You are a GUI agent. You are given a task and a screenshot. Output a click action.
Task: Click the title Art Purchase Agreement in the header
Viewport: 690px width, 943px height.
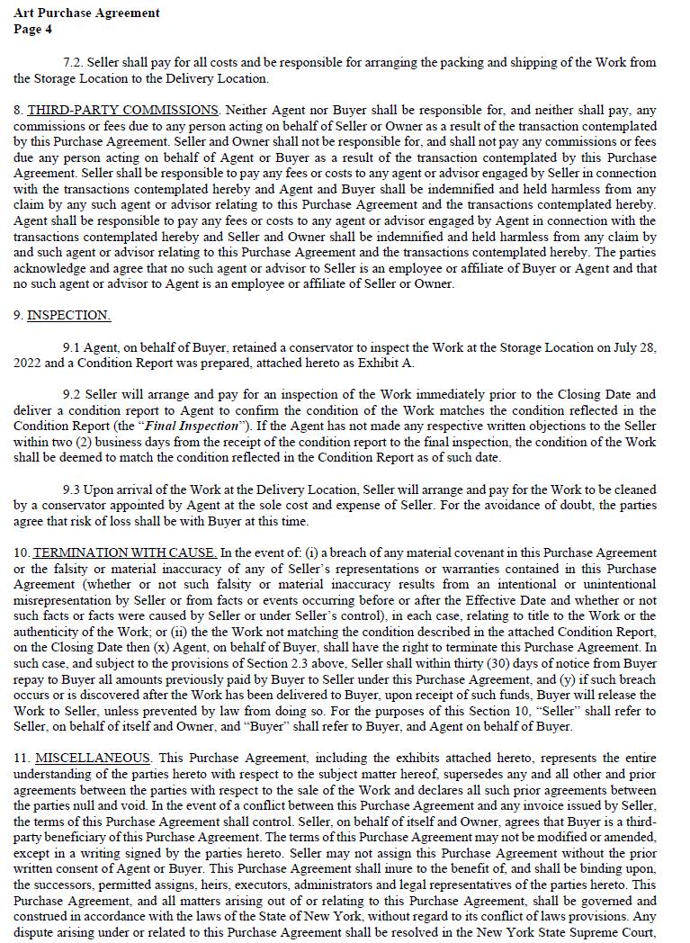tap(86, 13)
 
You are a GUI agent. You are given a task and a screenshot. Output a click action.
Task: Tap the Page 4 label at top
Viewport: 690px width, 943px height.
tap(33, 29)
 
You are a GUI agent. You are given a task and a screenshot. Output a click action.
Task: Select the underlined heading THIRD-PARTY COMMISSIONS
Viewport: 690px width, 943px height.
tap(122, 111)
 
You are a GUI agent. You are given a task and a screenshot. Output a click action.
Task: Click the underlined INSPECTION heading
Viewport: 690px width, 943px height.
tap(68, 316)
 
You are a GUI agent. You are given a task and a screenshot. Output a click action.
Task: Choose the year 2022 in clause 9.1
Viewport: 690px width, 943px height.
tap(28, 364)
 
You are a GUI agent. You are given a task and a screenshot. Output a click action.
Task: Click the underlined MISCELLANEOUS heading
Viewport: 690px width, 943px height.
tap(93, 759)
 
